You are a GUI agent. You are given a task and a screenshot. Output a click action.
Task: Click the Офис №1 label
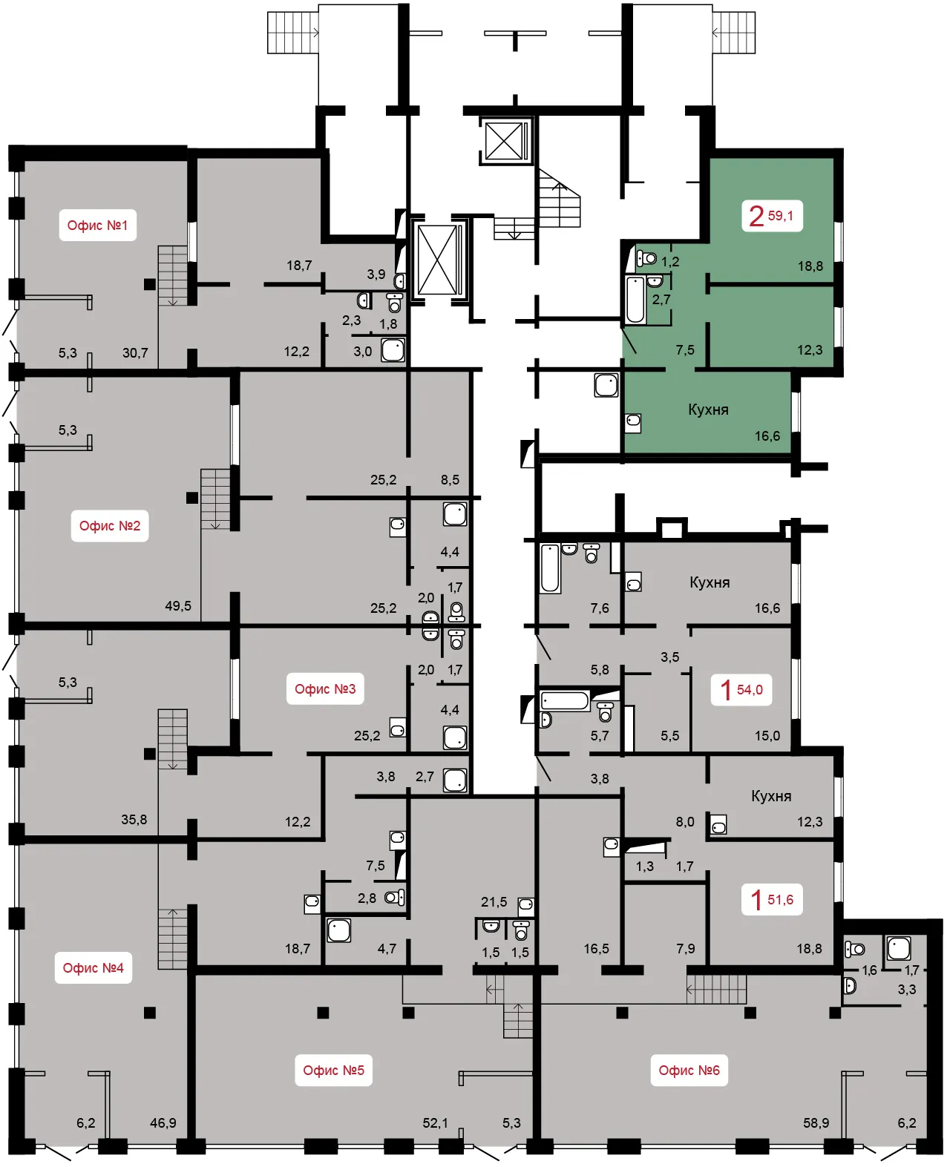(97, 225)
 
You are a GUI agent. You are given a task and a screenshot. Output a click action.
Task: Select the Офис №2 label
(110, 525)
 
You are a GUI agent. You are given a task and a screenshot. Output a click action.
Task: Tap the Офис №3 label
(325, 688)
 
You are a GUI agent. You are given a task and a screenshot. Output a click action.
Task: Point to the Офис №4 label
(94, 967)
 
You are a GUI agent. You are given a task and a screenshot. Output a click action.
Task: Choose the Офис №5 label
(333, 1070)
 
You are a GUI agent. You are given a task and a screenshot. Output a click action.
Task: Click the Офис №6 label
(689, 1070)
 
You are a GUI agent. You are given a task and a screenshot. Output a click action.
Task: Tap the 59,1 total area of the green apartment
(780, 216)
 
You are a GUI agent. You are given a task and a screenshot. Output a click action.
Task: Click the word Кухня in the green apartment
(708, 410)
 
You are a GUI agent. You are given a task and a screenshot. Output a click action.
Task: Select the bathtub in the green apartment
(635, 300)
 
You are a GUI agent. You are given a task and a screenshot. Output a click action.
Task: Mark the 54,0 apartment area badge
(741, 689)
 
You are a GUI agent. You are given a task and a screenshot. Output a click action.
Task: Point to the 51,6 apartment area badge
(772, 899)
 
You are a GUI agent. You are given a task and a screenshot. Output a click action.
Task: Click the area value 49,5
(178, 605)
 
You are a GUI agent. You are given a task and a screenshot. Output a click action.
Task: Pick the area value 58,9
(816, 1122)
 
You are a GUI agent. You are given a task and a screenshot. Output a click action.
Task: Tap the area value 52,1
(435, 1122)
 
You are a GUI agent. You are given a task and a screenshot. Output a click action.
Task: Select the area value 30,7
(135, 353)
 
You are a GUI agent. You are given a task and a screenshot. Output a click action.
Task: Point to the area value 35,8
(134, 819)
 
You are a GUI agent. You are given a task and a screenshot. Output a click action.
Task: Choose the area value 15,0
(767, 735)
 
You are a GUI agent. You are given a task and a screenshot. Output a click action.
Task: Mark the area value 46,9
(163, 1122)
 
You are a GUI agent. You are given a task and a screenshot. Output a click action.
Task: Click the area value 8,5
(450, 479)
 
